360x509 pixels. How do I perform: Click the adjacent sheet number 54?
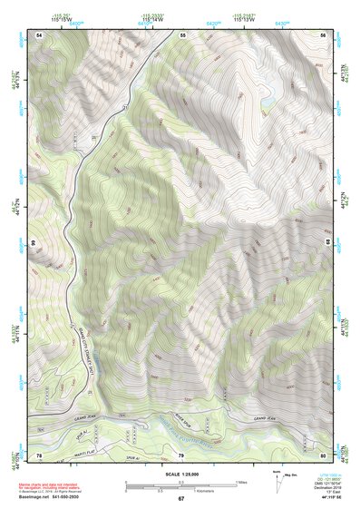point(39,34)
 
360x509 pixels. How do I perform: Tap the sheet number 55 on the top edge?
point(182,34)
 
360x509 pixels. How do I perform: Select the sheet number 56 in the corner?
point(323,34)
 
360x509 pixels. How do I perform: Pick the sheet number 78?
point(39,454)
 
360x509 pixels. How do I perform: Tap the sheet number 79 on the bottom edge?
point(181,454)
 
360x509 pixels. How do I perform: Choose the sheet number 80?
point(323,454)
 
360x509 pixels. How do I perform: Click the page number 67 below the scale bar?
point(181,499)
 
